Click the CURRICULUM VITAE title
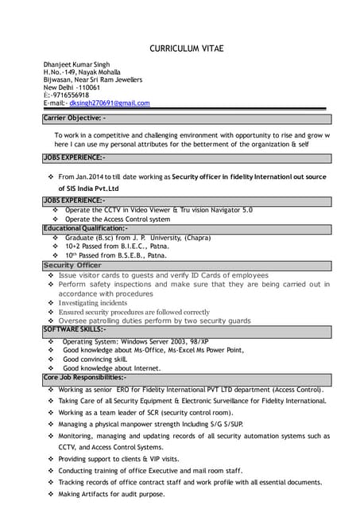click(x=187, y=49)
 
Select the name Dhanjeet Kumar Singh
click(x=76, y=64)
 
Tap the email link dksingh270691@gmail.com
click(x=109, y=103)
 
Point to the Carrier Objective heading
click(x=73, y=118)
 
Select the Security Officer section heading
click(x=72, y=265)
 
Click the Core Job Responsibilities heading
click(x=83, y=378)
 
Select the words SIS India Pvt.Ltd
click(x=88, y=188)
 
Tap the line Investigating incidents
click(x=92, y=303)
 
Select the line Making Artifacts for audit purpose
click(x=111, y=494)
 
